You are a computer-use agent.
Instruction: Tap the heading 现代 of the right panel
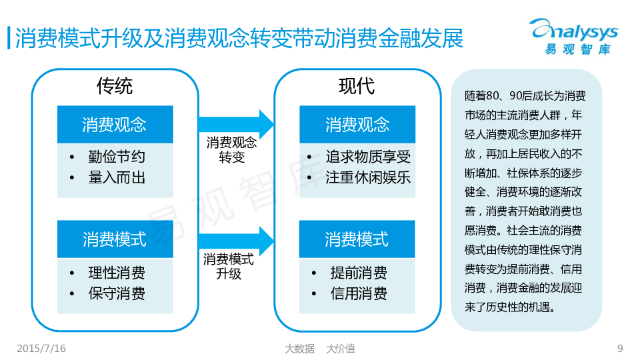(x=357, y=86)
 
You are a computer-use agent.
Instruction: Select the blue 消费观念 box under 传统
(x=115, y=125)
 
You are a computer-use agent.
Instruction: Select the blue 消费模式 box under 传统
(x=115, y=239)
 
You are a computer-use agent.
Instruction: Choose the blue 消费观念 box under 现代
(x=357, y=125)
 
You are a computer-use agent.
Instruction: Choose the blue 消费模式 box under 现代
(x=357, y=239)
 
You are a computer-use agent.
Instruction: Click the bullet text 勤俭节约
(x=116, y=157)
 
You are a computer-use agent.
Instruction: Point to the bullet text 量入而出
(x=116, y=177)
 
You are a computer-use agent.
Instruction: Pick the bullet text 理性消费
(x=116, y=273)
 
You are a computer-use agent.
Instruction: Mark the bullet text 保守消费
(x=116, y=293)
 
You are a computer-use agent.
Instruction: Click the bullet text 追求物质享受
(x=368, y=157)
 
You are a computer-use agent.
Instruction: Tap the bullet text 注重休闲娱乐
(x=368, y=177)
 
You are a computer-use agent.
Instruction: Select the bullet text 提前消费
(x=359, y=273)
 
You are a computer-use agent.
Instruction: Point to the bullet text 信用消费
(x=359, y=293)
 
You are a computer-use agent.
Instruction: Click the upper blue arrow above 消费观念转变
(x=237, y=124)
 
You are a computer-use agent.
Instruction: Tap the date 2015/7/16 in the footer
(x=41, y=348)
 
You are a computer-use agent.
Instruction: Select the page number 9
(x=620, y=348)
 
